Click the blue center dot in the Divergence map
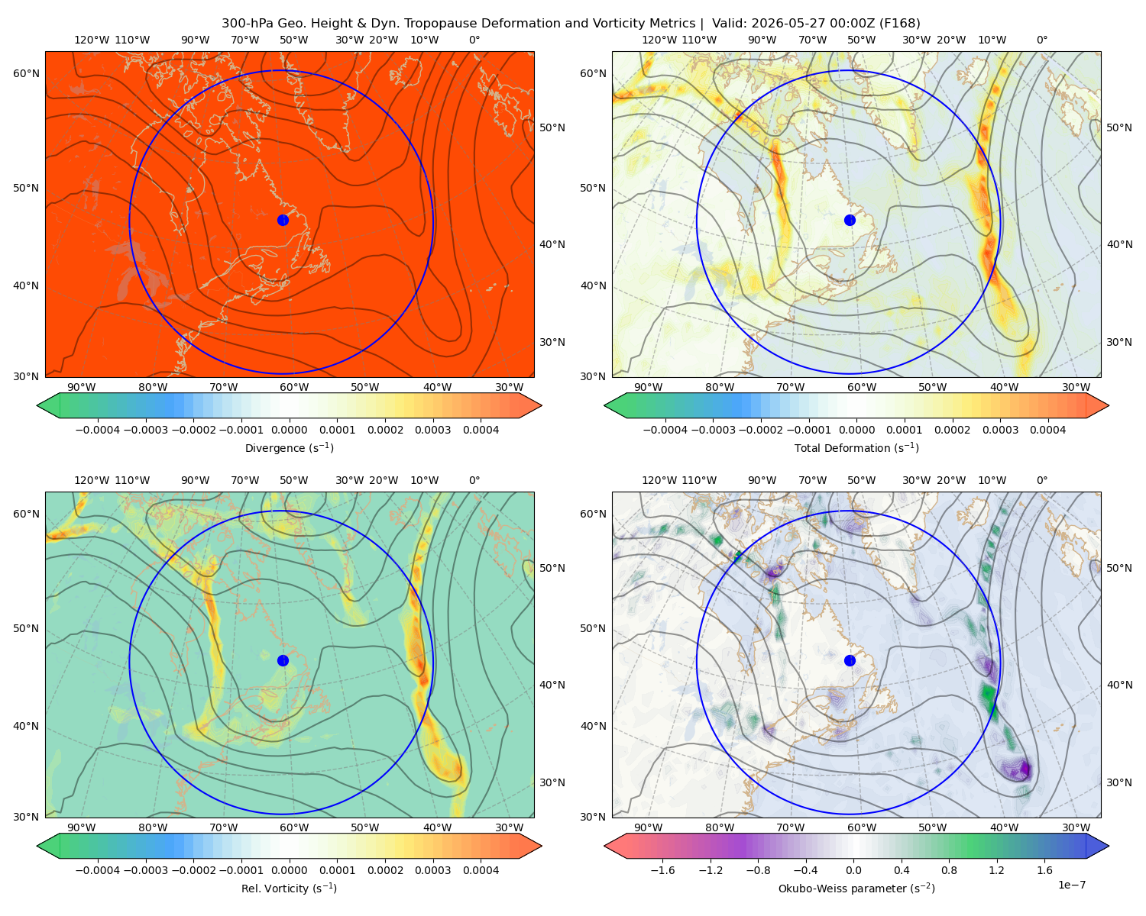coord(283,220)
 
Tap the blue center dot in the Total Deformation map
coord(850,220)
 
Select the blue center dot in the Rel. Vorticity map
coord(283,660)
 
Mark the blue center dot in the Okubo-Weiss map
coord(850,660)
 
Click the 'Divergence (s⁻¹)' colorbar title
coord(289,447)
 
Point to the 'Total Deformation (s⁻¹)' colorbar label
coord(856,447)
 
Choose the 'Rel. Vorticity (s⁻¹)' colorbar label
coord(289,888)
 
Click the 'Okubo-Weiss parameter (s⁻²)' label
coord(856,888)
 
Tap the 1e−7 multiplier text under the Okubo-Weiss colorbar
coord(1071,885)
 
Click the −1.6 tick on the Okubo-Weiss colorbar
coord(662,869)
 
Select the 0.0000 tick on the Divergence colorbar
coord(289,430)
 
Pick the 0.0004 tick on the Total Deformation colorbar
coord(1047,430)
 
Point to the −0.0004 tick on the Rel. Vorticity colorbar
coord(98,869)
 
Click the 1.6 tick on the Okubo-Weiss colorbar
coord(1044,869)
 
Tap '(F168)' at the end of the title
coord(899,24)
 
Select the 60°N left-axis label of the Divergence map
coord(26,73)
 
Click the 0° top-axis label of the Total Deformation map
coord(1041,40)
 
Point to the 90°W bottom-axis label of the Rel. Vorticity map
coord(82,827)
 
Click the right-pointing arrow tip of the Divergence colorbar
coord(542,405)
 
